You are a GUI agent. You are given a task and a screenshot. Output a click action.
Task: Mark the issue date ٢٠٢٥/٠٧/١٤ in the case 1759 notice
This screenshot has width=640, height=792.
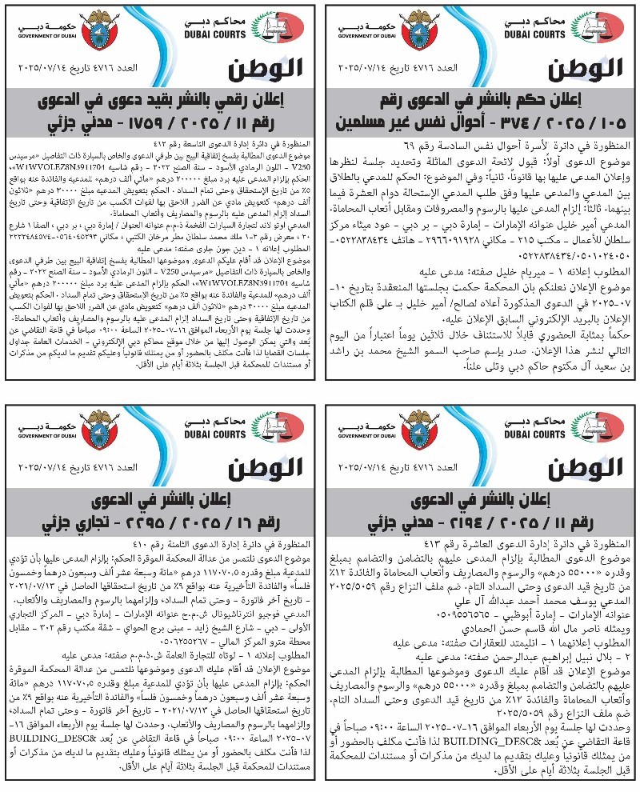click(x=42, y=66)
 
